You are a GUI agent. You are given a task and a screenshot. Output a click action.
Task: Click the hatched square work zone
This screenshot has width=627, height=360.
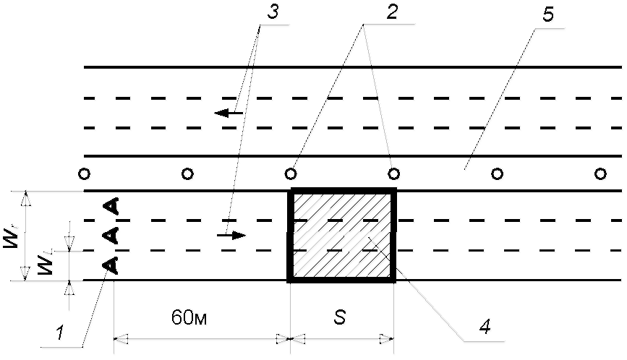pyautogui.click(x=342, y=235)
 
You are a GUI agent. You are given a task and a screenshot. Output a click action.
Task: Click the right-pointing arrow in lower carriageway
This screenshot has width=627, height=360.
pyautogui.click(x=232, y=235)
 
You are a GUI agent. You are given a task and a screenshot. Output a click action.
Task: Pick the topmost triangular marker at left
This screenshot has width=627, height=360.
pyautogui.click(x=111, y=206)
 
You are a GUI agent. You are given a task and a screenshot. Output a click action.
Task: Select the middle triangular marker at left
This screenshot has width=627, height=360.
pyautogui.click(x=111, y=234)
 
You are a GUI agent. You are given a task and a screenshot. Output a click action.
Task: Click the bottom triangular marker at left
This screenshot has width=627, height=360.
pyautogui.click(x=111, y=265)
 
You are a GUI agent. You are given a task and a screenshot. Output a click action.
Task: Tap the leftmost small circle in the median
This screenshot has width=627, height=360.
pyautogui.click(x=85, y=173)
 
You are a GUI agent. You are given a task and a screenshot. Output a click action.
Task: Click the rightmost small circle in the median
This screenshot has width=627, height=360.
pyautogui.click(x=600, y=173)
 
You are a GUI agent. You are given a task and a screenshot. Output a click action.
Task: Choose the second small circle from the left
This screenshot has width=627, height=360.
pyautogui.click(x=187, y=173)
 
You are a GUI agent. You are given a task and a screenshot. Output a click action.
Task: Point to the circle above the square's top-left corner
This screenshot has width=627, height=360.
pyautogui.click(x=291, y=173)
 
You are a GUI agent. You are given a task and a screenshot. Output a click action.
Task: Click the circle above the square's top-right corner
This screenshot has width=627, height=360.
pyautogui.click(x=394, y=173)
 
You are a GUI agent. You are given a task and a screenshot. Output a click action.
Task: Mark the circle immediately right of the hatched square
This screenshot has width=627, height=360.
pyautogui.click(x=497, y=173)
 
